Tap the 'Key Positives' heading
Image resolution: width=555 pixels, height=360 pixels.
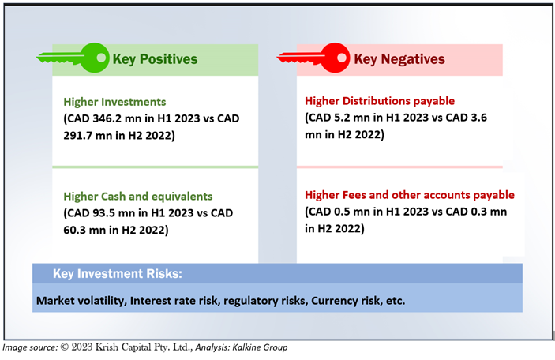(x=155, y=59)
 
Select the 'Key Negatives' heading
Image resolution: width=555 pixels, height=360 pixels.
(x=399, y=59)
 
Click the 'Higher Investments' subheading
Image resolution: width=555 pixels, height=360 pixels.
(x=114, y=102)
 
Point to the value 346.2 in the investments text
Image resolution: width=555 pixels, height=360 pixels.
(x=107, y=118)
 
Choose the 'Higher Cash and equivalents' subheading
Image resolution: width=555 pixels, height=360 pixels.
(x=138, y=197)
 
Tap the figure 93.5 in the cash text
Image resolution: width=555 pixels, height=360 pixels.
(x=103, y=213)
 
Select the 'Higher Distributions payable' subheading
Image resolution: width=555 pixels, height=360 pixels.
(x=380, y=101)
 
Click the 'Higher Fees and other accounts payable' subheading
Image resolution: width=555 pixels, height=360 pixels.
(x=410, y=195)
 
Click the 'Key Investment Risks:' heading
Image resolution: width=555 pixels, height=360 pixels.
(x=118, y=274)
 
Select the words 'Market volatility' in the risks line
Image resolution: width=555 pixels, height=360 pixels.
(x=81, y=301)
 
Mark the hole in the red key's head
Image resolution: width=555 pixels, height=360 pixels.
(x=342, y=58)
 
